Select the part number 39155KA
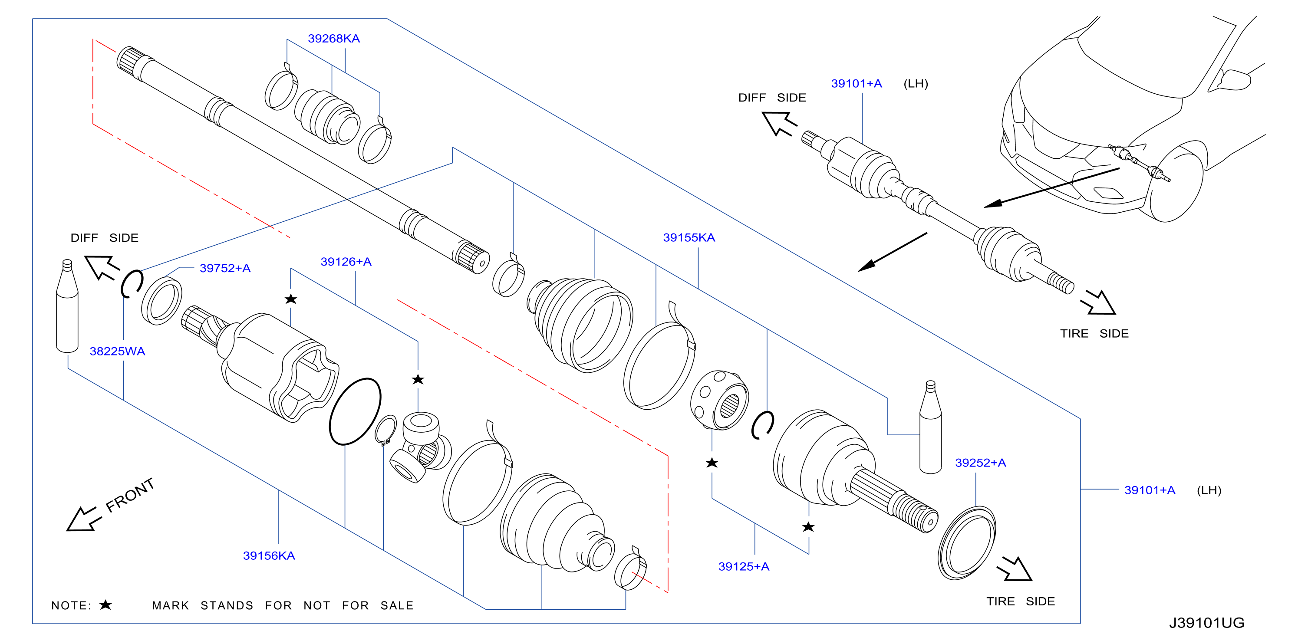tap(689, 238)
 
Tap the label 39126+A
tap(346, 262)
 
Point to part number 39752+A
tap(225, 268)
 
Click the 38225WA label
tap(117, 352)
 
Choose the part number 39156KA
tap(269, 556)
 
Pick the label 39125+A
tap(744, 567)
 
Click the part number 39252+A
tap(981, 463)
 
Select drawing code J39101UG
tap(1207, 623)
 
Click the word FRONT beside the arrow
tap(130, 495)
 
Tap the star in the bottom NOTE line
tap(105, 605)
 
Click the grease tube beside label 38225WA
tap(67, 306)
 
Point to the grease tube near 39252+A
tap(930, 427)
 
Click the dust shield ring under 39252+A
tap(967, 544)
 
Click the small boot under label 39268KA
tap(327, 117)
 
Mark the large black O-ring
tap(355, 412)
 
